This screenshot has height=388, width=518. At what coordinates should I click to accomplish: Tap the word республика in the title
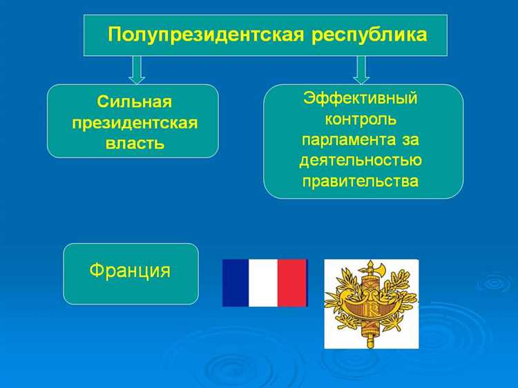(x=361, y=34)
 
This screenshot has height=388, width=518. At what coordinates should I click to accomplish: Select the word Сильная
(x=134, y=102)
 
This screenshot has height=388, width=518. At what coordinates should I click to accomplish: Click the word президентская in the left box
(x=134, y=123)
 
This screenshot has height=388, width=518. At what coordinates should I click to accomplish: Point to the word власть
(x=134, y=144)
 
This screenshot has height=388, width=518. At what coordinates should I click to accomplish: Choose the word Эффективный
(x=361, y=97)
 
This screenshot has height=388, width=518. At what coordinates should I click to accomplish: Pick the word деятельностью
(x=361, y=161)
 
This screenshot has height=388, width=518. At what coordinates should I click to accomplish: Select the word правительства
(x=361, y=182)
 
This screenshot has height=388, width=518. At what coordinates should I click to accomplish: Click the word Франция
(x=130, y=269)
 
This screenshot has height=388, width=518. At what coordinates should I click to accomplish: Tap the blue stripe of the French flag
(x=235, y=282)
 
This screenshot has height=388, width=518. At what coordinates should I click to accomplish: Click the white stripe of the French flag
(x=263, y=282)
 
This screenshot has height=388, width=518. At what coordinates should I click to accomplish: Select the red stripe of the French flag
(x=291, y=282)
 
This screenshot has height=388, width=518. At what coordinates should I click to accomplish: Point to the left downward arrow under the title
(x=137, y=69)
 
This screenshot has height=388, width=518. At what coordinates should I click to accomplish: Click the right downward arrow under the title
(x=361, y=69)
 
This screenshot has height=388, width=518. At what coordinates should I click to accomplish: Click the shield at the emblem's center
(x=372, y=304)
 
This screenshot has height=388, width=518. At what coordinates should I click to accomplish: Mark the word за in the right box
(x=407, y=139)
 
